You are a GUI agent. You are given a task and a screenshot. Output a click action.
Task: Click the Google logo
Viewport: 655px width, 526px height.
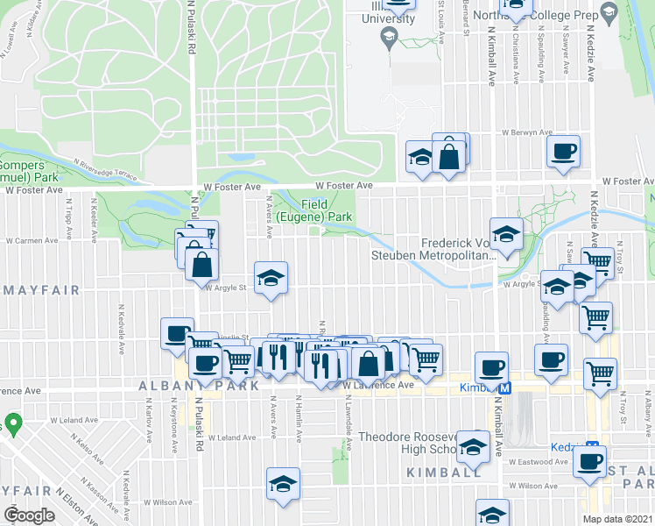coord(29,515)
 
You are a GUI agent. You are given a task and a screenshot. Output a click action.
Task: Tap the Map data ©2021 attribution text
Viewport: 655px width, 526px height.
coord(618,519)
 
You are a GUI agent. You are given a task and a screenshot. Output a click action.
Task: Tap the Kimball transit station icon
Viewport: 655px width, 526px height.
coord(504,387)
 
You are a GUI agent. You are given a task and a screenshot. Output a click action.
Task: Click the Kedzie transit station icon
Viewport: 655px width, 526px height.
coord(592,446)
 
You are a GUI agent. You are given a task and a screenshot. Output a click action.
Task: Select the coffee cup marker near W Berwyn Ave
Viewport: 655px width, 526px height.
coord(563,151)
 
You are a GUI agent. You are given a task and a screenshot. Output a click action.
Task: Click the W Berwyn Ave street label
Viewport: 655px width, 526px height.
coord(527,132)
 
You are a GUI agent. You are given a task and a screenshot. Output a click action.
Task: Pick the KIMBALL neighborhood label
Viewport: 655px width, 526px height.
coord(443,472)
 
